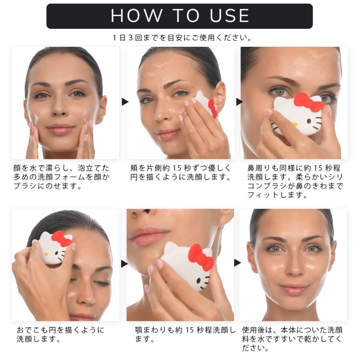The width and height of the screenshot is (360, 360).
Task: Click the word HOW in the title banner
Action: pyautogui.click(x=136, y=16)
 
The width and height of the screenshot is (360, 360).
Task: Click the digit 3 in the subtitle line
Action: pyautogui.click(x=130, y=38)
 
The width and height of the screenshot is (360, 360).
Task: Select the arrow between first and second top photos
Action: pyautogui.click(x=125, y=102)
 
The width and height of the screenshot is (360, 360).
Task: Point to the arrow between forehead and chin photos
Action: pyautogui.click(x=124, y=264)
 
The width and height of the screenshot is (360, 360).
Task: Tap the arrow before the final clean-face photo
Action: pyautogui.click(x=237, y=263)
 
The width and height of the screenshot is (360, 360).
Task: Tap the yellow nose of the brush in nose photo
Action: pyautogui.click(x=294, y=124)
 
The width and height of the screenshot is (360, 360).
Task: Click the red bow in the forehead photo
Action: pyautogui.click(x=61, y=238)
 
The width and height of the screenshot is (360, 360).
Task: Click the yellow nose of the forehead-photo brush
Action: pyautogui.click(x=47, y=254)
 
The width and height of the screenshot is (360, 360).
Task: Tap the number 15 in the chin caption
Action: pyautogui.click(x=190, y=330)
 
